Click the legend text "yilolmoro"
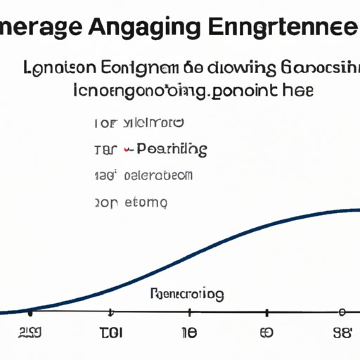click(153, 124)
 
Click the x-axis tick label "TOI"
click(111, 333)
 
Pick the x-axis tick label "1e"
click(188, 333)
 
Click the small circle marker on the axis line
click(342, 311)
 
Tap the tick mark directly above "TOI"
click(110, 311)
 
